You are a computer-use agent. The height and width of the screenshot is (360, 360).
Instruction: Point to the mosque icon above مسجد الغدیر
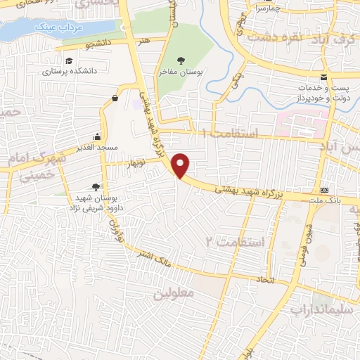pyautogui.click(x=97, y=137)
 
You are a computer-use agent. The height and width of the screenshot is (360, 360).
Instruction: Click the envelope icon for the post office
pyautogui.click(x=323, y=77)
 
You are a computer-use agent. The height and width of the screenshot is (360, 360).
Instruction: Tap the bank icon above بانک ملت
pyautogui.click(x=324, y=191)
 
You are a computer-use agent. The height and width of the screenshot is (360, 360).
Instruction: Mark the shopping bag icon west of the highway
pyautogui.click(x=114, y=100)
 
